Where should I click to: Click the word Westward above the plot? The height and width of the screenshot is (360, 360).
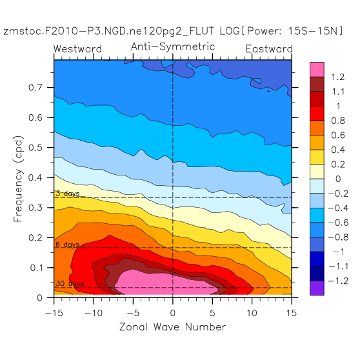tap(77, 49)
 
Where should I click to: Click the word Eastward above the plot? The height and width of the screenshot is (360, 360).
tap(269, 49)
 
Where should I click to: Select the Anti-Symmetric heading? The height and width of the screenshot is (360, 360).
tap(173, 47)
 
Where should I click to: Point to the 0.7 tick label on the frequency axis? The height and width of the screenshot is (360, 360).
tap(35, 88)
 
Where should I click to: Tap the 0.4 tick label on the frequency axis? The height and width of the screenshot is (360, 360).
tap(35, 177)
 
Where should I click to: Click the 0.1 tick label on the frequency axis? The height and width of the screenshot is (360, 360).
tap(36, 268)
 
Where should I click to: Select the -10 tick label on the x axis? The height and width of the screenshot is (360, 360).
tap(94, 313)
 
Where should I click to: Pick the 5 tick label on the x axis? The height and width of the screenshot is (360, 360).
tap(212, 313)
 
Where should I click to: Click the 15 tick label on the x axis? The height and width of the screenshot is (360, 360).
tap(292, 313)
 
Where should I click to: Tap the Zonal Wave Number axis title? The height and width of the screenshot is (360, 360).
tap(173, 327)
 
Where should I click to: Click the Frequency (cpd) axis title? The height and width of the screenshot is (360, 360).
tap(18, 179)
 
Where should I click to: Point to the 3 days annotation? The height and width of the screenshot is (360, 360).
tap(68, 194)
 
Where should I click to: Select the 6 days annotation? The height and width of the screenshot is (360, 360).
tap(68, 245)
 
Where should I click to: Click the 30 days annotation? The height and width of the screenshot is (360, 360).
tap(70, 283)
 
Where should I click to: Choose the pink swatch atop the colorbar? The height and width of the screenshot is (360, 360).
tap(317, 69)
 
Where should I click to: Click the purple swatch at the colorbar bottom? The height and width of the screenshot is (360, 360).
tap(317, 288)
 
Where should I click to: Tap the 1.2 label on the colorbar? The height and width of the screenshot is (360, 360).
tap(338, 77)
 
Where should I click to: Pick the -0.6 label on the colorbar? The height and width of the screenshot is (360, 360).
tap(339, 223)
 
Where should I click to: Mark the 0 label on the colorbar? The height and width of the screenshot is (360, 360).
tap(338, 179)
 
